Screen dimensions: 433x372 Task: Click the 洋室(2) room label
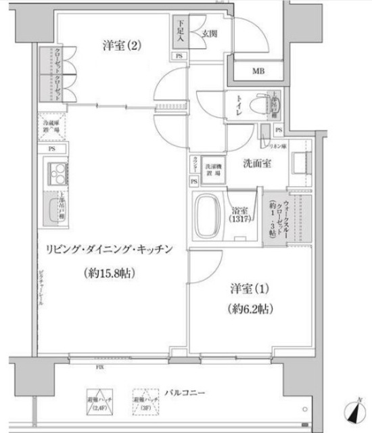pos(122,46)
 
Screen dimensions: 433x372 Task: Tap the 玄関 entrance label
pos(206,32)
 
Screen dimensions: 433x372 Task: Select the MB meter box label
pos(259,72)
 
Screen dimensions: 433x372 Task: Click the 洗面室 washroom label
pos(258,162)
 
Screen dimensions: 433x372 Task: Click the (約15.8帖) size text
pos(109,273)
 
